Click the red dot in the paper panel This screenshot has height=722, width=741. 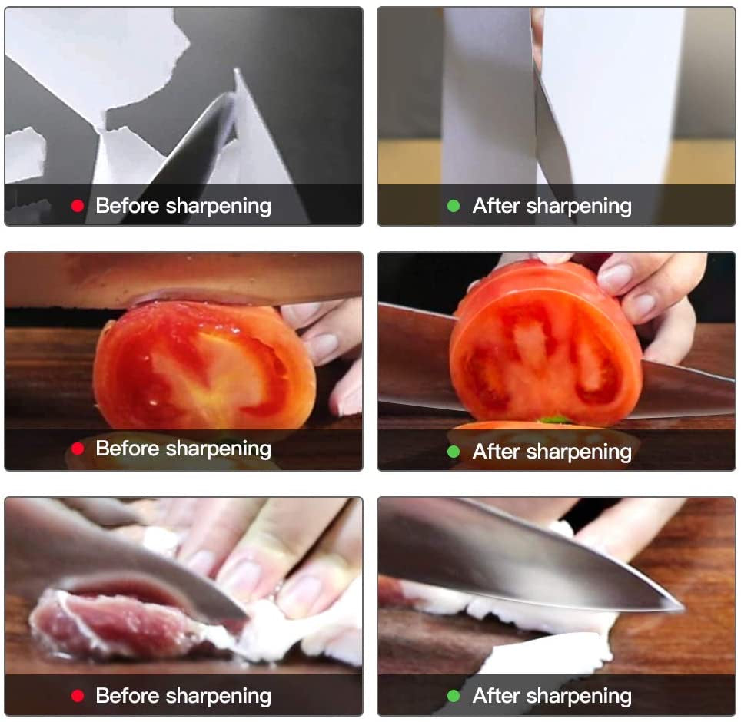[78, 206]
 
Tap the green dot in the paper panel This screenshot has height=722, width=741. [454, 206]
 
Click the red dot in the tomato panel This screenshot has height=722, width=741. [78, 449]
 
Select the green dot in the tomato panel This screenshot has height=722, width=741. [454, 452]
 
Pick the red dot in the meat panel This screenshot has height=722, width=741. [78, 696]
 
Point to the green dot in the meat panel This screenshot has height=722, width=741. [454, 696]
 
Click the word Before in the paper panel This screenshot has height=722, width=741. [127, 206]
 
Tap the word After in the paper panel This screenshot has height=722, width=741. [497, 206]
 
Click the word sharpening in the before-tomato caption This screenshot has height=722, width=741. [218, 449]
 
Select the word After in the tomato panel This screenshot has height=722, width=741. [497, 452]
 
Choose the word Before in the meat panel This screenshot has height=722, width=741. [127, 696]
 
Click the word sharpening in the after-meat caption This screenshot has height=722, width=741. [579, 697]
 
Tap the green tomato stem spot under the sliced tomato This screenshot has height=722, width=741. [554, 419]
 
